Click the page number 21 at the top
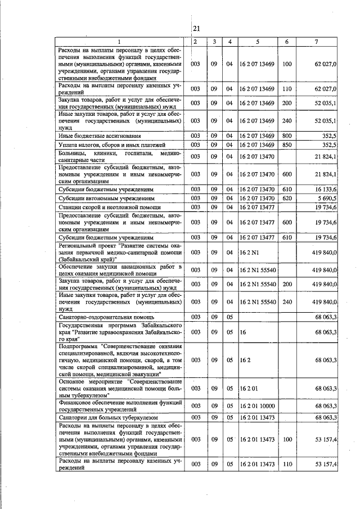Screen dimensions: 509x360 coord(196,29)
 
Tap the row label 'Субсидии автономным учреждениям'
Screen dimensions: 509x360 coord(106,198)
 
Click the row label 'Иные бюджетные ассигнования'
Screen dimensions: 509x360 coord(100,136)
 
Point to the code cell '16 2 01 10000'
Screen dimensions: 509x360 coord(257,406)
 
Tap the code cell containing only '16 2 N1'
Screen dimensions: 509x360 coord(248,253)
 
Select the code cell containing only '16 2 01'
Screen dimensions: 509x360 coord(248,388)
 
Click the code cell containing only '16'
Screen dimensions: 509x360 coord(243,332)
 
